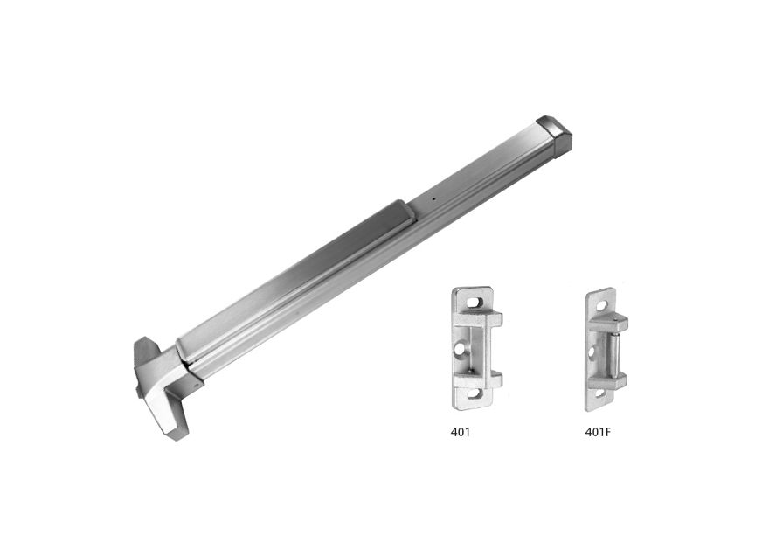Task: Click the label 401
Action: click(x=460, y=432)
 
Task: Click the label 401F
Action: click(x=598, y=432)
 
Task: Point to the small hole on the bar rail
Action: click(x=433, y=199)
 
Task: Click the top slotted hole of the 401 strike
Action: click(x=474, y=303)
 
